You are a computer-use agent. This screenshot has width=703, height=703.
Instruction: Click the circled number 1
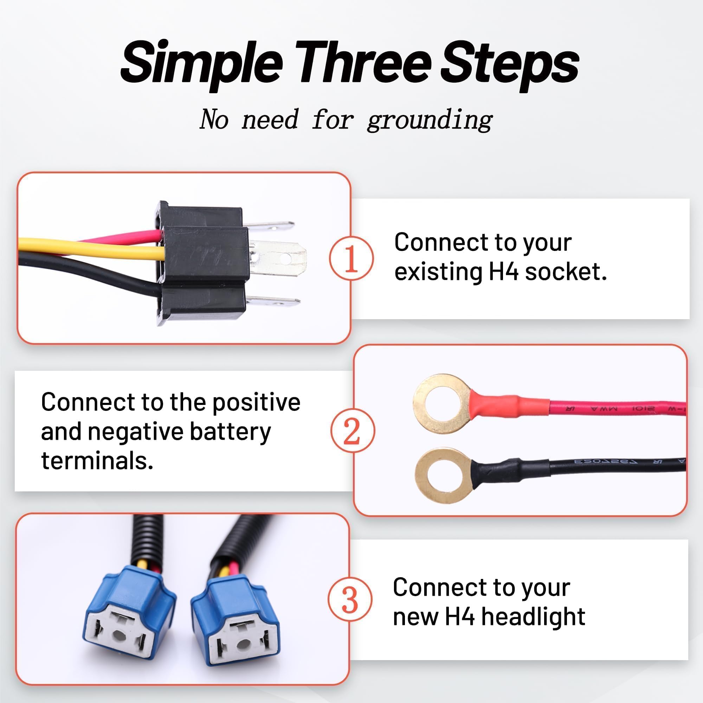coord(351,258)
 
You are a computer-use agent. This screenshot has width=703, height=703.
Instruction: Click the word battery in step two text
coord(230,432)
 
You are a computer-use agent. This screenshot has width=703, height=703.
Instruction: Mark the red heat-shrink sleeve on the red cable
coord(509,405)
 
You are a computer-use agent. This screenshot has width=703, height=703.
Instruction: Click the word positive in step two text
coord(256,402)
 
